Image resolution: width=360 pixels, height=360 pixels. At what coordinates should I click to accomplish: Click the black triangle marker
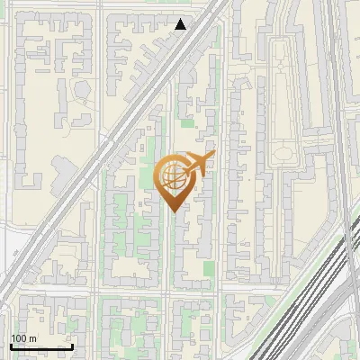181,24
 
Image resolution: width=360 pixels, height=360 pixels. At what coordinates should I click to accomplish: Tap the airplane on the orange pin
197,165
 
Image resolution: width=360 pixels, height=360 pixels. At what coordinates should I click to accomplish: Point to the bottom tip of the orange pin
173,211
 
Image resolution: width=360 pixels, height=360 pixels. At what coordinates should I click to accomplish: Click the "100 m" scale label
23,338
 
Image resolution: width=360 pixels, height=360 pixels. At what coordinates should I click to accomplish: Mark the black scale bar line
41,346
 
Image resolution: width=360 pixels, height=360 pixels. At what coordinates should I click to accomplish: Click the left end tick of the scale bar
11,345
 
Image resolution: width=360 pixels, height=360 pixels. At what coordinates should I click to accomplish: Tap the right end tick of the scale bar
72,345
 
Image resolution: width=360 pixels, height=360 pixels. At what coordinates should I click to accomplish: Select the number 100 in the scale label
19,338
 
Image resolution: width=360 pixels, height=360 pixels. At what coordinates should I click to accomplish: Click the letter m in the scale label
32,339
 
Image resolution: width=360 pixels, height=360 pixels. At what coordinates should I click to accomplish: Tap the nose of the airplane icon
212,157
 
